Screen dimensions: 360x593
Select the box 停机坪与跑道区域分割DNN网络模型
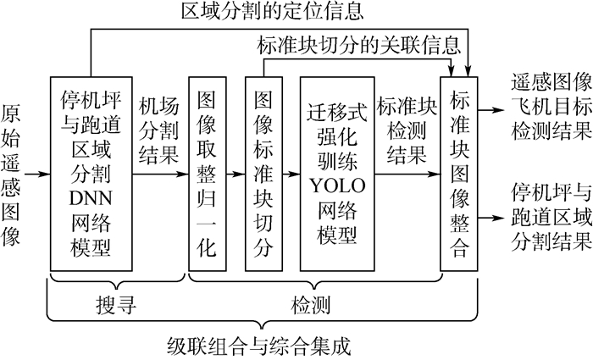pyautogui.click(x=93, y=162)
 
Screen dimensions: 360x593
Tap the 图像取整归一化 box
pyautogui.click(x=207, y=162)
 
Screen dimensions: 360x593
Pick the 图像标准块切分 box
pyautogui.click(x=263, y=162)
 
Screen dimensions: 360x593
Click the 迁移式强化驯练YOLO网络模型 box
pyautogui.click(x=336, y=162)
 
